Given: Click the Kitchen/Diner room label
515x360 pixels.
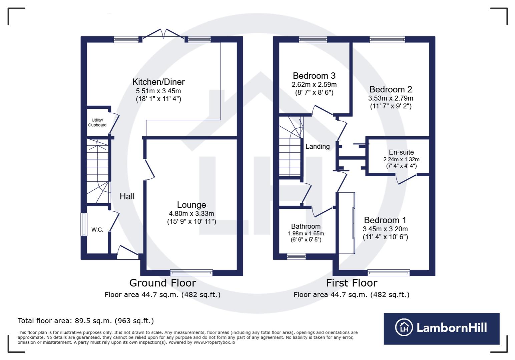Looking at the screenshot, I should [x=158, y=82].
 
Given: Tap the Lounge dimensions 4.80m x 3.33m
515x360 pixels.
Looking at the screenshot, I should [x=191, y=214].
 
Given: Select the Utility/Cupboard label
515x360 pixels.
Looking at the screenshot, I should [x=97, y=123].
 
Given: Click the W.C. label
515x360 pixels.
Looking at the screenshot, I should [x=97, y=230].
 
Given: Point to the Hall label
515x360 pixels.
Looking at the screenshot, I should [x=127, y=196].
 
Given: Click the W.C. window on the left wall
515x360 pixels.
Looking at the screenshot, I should [x=84, y=224].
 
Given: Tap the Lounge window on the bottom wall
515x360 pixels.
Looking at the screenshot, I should [x=191, y=273].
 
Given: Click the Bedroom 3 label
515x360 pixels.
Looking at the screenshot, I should [x=314, y=76].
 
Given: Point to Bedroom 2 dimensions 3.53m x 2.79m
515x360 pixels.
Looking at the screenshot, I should [x=391, y=98].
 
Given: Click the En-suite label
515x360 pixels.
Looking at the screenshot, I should [x=401, y=152].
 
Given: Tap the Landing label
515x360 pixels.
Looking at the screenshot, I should [x=318, y=146].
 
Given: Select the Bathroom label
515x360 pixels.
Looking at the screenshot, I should [x=306, y=226].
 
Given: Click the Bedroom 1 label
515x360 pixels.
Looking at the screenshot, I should [x=385, y=220].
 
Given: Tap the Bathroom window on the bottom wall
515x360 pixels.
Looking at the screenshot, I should [x=297, y=256].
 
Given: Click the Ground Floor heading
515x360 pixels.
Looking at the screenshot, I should [x=162, y=283].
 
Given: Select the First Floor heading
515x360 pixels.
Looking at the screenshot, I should [x=352, y=283].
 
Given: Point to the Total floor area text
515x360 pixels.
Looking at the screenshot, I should [x=86, y=321].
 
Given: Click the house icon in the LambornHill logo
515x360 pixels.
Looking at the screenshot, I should [x=404, y=327].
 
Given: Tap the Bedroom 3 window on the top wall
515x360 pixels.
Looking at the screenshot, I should [x=313, y=39].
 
